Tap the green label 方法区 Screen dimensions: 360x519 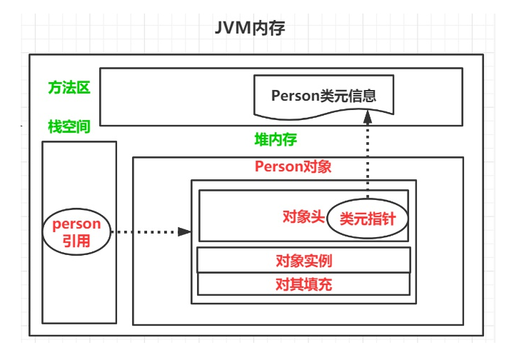(69, 88)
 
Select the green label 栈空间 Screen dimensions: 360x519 (69, 126)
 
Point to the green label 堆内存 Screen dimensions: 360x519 (276, 139)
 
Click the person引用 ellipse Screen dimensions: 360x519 (77, 231)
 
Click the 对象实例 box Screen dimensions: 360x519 (303, 260)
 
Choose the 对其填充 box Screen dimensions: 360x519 (303, 284)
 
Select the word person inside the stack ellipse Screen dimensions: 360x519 (77, 224)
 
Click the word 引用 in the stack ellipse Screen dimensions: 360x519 (77, 241)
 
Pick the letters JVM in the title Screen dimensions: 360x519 (233, 29)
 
